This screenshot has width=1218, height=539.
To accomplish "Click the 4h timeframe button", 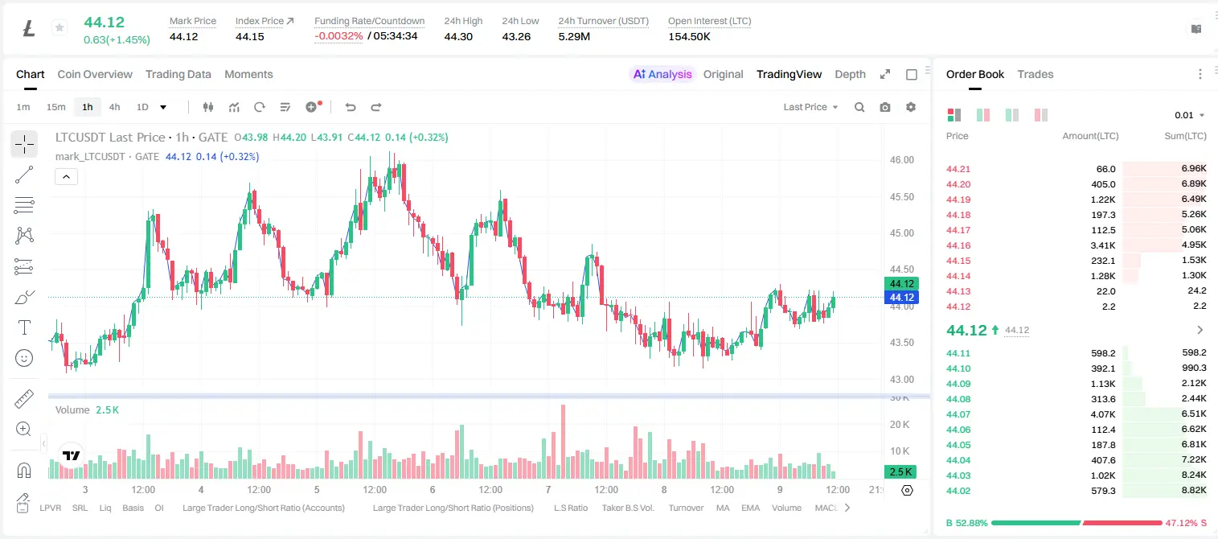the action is [114, 107].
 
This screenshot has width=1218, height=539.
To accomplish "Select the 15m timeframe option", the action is [55, 107].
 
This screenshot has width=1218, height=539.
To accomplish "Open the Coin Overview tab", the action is [95, 74].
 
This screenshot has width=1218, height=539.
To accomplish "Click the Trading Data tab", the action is [178, 74].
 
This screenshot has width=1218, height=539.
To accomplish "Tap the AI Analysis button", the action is [662, 74].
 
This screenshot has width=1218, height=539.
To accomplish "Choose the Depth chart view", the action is [850, 74].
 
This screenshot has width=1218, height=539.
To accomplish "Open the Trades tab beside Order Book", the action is [1035, 74].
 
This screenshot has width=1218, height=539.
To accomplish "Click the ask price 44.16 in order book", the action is [958, 245].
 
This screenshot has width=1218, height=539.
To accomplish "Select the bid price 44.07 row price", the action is [958, 414].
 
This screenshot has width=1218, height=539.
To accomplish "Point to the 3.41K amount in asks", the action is [1103, 245].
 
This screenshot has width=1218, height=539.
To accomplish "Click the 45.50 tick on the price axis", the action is [901, 197].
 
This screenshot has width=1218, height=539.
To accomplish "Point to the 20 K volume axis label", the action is [900, 424].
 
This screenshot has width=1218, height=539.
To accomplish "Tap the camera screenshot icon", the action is [884, 107].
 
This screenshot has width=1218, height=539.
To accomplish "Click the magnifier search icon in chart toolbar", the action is [859, 107].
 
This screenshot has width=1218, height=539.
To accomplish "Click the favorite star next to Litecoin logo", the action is [59, 27].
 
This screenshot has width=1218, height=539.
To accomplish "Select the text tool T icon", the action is [24, 327].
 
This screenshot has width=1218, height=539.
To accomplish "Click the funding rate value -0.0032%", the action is [338, 36].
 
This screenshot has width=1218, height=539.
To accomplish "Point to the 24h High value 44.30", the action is [457, 36].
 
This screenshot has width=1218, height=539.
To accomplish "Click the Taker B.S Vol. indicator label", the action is [627, 508].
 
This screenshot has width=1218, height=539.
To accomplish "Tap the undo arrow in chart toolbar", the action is [351, 107].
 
